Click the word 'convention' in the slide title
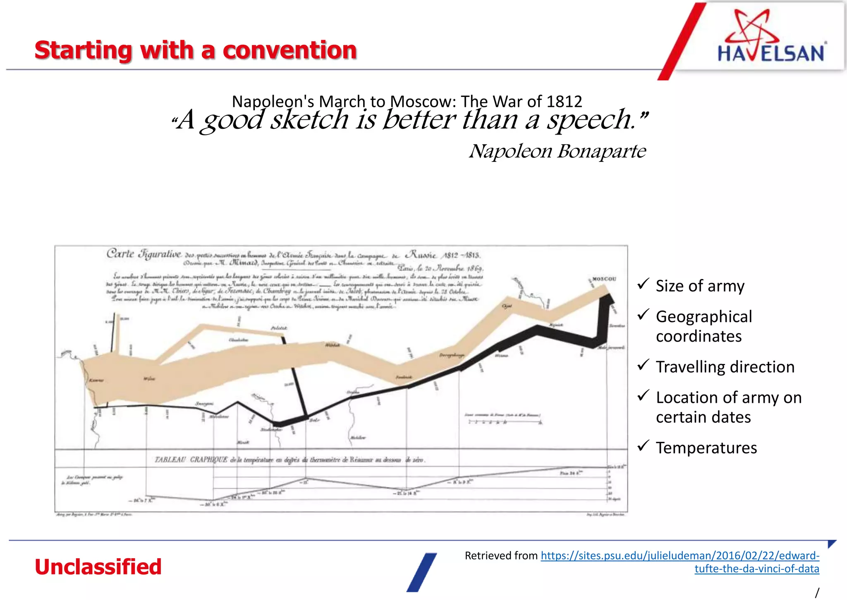290,51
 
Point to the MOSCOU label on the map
604,279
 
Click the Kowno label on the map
96,380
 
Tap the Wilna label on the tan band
149,378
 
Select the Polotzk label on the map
279,328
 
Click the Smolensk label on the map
404,377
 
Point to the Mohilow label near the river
358,437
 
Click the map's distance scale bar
505,422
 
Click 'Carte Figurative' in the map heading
144,253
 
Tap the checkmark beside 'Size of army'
643,284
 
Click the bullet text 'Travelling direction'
725,367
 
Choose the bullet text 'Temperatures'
706,448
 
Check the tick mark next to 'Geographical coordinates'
643,315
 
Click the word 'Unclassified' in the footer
98,567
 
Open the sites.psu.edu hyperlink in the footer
680,556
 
